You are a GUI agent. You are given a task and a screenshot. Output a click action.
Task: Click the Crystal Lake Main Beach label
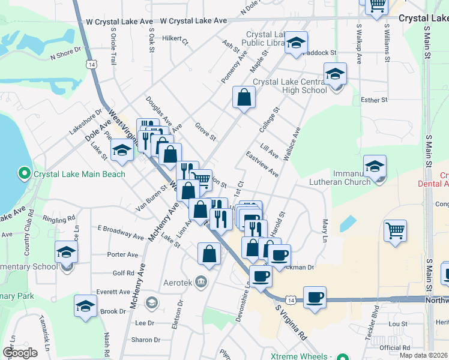tap(79, 175)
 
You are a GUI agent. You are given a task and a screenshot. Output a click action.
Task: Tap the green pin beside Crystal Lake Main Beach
tap(24, 175)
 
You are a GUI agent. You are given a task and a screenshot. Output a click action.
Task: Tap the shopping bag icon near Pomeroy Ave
tap(244, 98)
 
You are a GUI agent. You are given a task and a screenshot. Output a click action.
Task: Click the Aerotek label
tap(179, 281)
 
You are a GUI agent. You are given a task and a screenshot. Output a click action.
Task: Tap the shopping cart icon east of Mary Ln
tap(396, 231)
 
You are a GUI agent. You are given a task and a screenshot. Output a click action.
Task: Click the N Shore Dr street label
tap(65, 56)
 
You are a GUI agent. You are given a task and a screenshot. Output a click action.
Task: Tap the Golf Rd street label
tap(122, 273)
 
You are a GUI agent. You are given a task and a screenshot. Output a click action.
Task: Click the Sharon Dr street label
tap(145, 340)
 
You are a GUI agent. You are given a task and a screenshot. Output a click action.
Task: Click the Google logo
tap(20, 353)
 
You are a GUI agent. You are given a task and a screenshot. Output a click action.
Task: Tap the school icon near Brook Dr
tap(85, 306)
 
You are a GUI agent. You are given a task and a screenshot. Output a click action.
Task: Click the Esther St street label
tap(373, 100)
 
